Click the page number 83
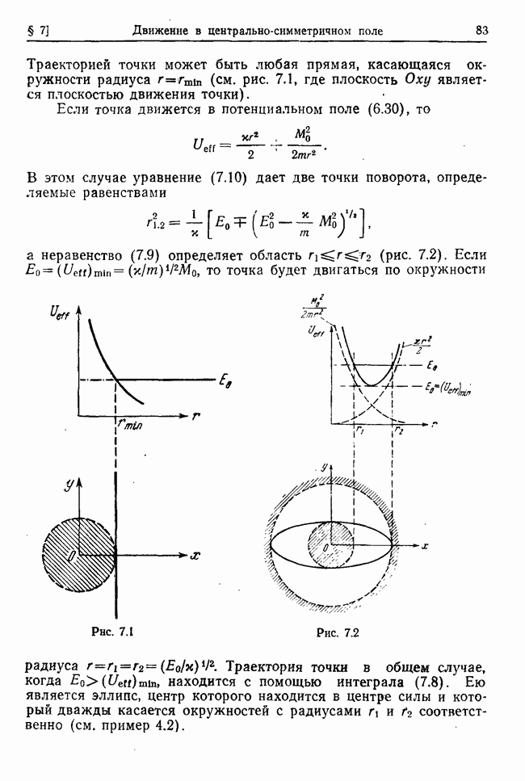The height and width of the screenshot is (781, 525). (482, 31)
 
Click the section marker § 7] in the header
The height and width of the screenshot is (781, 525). (38, 31)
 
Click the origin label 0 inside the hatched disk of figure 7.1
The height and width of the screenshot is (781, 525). (72, 556)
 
